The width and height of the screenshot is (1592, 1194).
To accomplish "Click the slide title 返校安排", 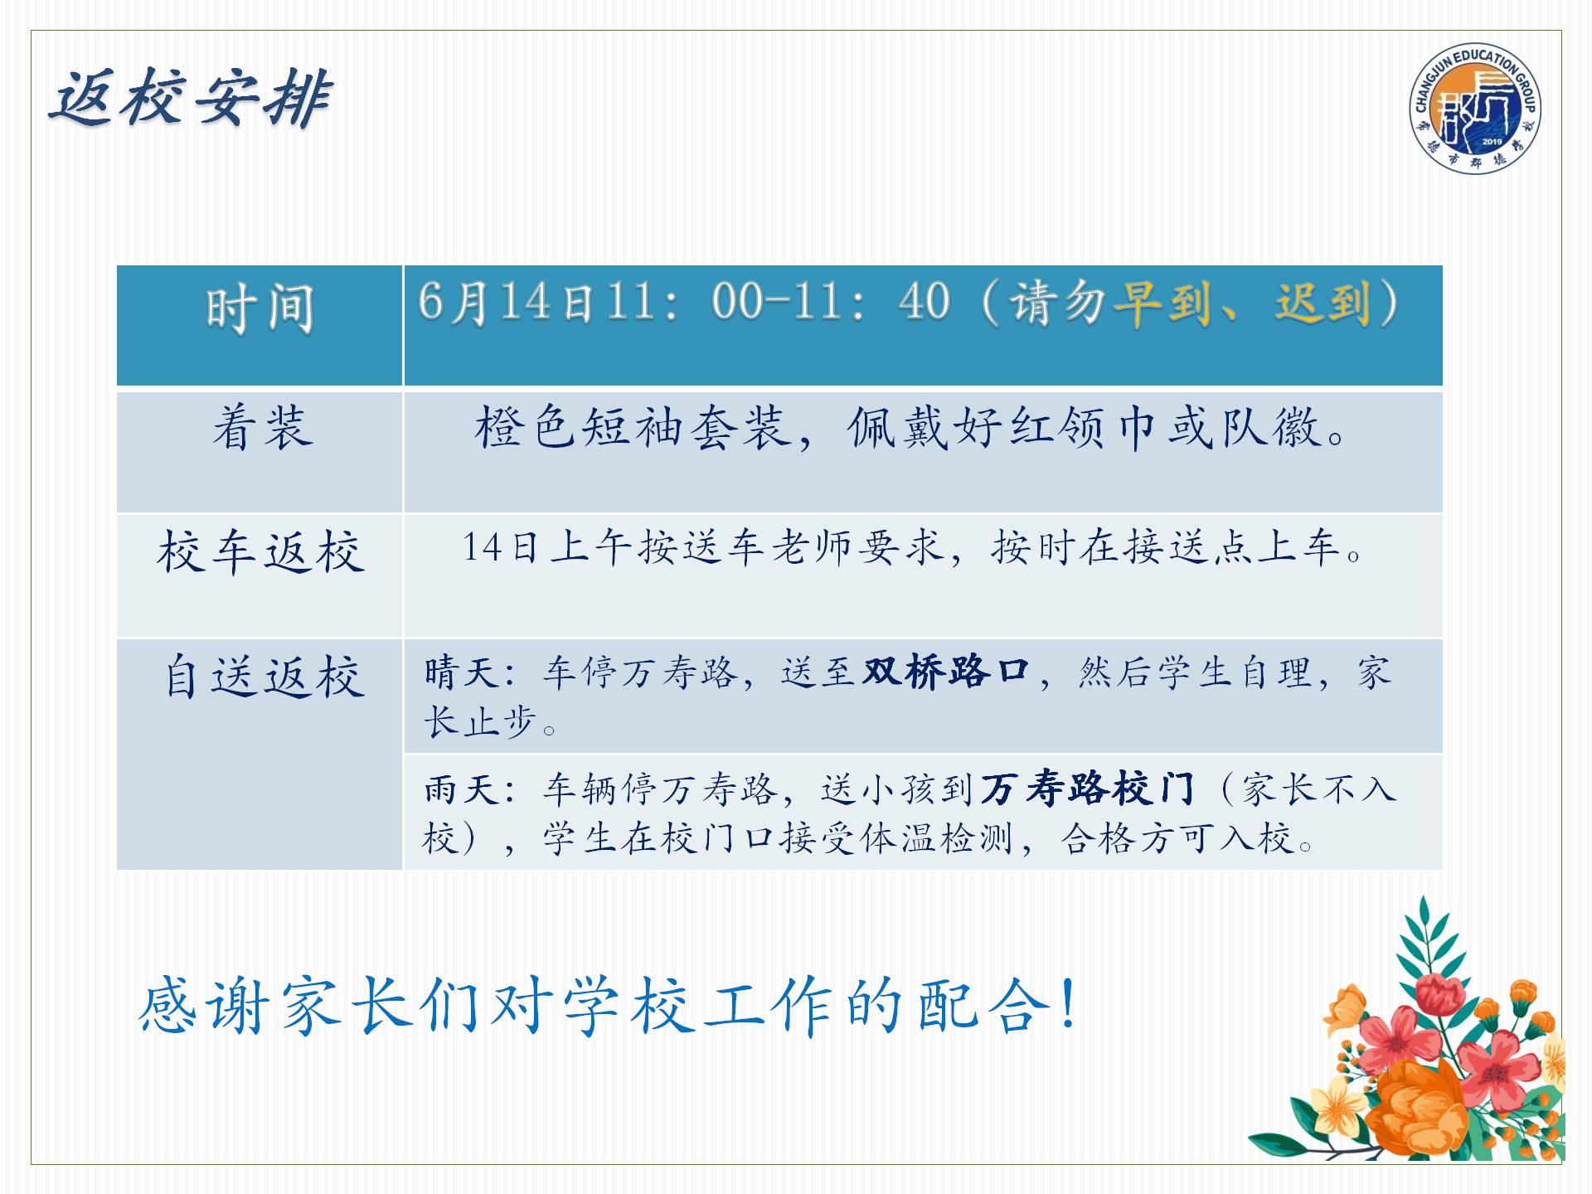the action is (191, 98).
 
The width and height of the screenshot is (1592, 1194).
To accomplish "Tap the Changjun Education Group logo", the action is (1476, 109).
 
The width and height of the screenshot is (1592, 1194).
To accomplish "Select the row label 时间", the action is (260, 308).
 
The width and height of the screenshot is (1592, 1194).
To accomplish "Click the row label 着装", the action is (262, 427).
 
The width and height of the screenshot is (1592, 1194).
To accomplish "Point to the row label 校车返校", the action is (261, 551).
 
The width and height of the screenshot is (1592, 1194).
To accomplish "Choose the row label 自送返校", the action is (264, 676).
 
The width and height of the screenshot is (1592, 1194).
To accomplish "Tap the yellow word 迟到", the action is (1323, 303).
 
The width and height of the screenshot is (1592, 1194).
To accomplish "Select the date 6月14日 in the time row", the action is (507, 302).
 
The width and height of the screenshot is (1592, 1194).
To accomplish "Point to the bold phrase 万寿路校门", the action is (1088, 788).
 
